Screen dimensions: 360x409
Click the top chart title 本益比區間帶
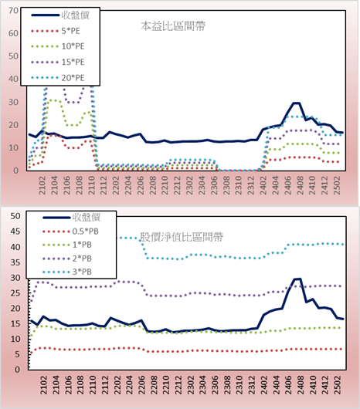click(173, 26)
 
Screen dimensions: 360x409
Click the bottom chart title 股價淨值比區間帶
click(182, 237)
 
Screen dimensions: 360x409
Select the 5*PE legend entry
click(56, 31)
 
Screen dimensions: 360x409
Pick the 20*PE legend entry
click(58, 78)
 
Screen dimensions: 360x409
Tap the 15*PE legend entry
click(58, 62)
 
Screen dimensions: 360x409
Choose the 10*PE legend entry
click(58, 46)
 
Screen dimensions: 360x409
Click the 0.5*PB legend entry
click(71, 232)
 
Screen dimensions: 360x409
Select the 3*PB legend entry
click(67, 272)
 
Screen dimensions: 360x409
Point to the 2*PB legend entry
click(67, 259)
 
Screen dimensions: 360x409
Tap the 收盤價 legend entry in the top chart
click(60, 15)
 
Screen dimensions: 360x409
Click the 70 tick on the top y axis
click(14, 11)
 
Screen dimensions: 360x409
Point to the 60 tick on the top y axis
click(14, 33)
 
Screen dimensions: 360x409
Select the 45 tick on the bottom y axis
click(15, 232)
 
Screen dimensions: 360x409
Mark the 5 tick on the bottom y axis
click(17, 354)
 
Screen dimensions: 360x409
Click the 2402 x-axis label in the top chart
click(263, 185)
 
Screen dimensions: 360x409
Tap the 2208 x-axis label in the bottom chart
click(154, 385)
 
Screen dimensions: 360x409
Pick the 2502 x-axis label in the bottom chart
click(338, 385)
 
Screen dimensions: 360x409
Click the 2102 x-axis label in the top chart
click(42, 185)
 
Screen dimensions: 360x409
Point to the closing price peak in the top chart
click(297, 103)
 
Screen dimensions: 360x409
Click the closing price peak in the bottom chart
click(298, 279)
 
